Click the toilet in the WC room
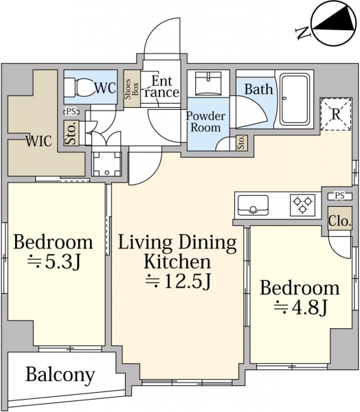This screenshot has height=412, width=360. tap(80, 87)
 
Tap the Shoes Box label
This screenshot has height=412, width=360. tap(131, 89)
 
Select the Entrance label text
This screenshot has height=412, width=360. tap(161, 87)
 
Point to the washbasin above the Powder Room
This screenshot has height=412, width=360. tap(208, 83)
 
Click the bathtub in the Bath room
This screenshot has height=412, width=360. tap(294, 100)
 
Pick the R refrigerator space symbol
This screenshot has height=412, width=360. tap(336, 114)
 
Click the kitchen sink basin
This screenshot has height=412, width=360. tap(253, 205)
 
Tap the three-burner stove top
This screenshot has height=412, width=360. tap(303, 205)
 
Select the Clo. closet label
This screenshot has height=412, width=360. tap(339, 221)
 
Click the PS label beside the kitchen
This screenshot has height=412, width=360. tap(339, 196)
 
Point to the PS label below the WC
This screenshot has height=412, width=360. tap(71, 111)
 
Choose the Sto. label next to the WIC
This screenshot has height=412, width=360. tap(71, 133)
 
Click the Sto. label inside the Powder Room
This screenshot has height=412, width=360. tap(241, 143)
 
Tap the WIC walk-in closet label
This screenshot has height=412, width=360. tap(38, 141)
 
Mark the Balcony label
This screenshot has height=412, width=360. tap(60, 375)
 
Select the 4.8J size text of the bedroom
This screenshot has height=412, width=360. tap(300, 307)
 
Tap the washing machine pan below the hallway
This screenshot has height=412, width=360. tap(106, 163)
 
